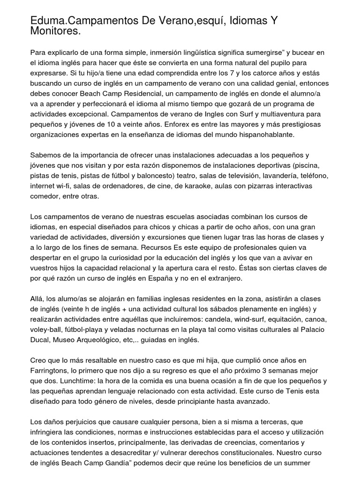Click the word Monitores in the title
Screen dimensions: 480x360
coord(54,31)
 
